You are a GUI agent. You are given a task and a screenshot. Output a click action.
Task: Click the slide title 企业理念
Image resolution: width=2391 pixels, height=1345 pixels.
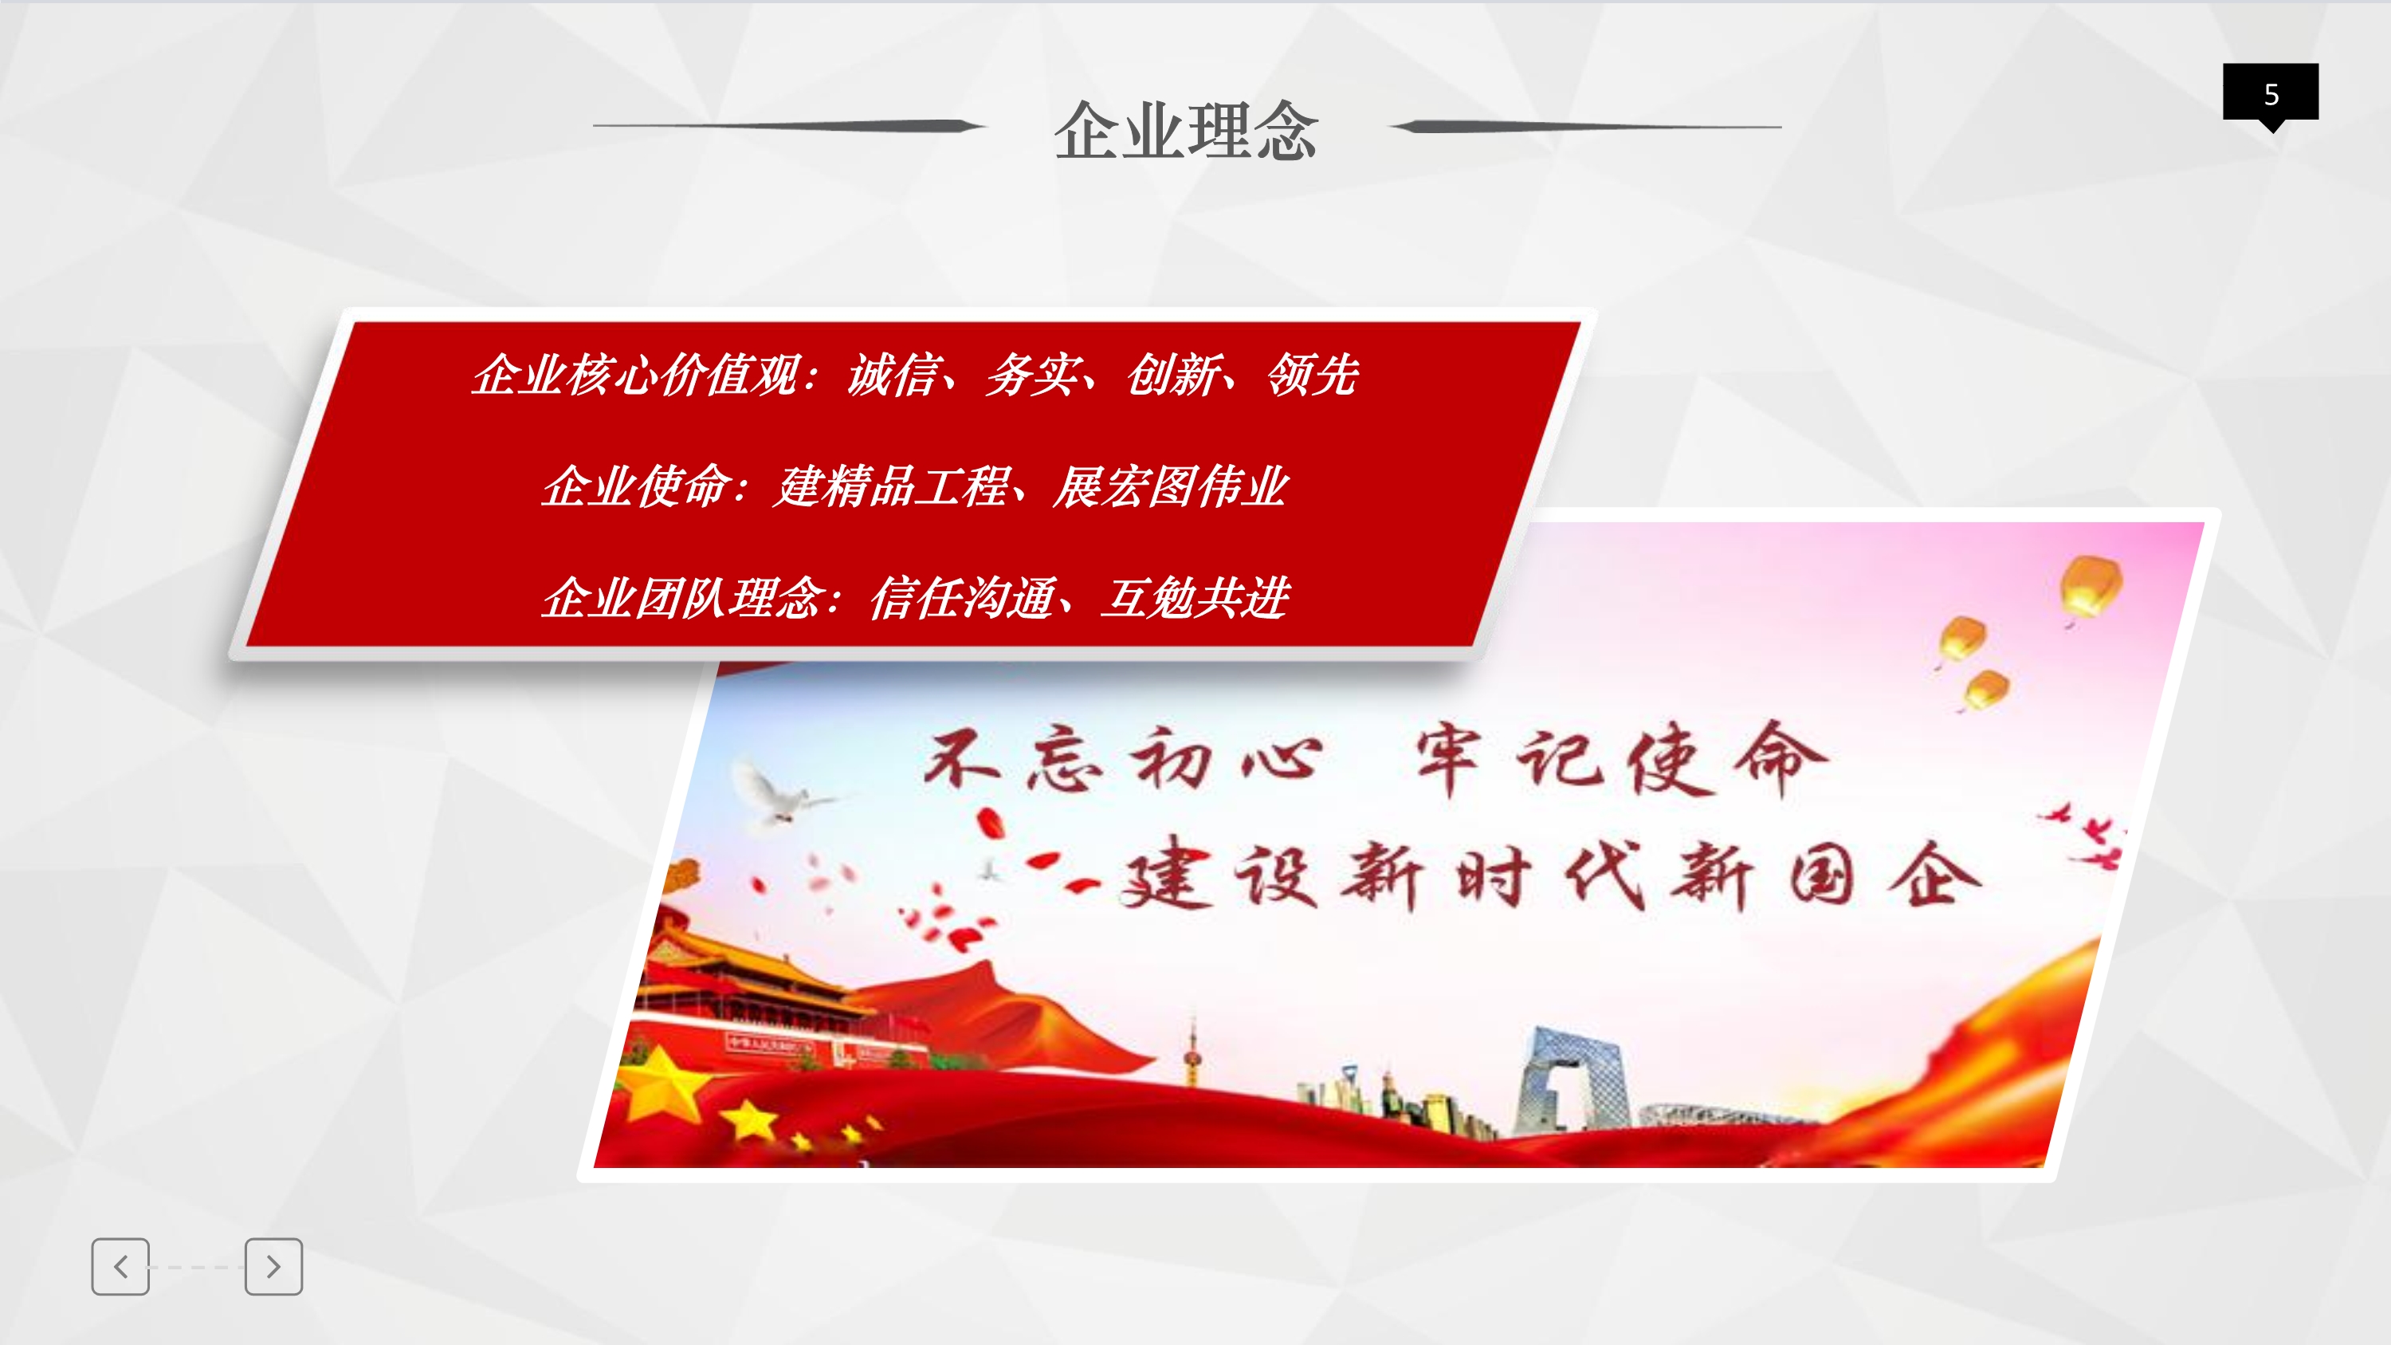coord(1185,130)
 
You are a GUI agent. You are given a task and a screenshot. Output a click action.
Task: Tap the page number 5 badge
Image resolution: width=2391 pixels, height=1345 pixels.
coord(2271,94)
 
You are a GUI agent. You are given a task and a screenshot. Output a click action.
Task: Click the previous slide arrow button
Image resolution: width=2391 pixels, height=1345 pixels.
coord(120,1266)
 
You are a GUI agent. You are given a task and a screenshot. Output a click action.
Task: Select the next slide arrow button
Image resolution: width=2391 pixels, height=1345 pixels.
coord(274,1266)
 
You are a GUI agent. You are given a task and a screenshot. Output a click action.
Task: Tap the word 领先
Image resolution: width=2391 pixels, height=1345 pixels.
coord(1313,375)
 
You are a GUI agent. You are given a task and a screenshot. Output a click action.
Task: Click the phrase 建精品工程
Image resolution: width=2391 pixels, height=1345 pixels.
coord(890,486)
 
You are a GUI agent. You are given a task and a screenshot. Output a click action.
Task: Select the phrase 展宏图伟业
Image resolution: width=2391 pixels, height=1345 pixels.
coord(1171,486)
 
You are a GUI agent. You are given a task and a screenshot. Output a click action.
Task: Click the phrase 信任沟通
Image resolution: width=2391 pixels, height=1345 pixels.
coord(963,597)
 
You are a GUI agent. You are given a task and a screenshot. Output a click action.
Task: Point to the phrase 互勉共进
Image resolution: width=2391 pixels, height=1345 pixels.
coord(1195,597)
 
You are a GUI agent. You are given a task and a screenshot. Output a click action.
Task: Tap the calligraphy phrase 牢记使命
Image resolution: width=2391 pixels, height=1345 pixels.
coord(1620,759)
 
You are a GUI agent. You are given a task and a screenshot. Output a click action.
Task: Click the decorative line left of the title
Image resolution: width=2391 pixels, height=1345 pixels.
coord(790,125)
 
